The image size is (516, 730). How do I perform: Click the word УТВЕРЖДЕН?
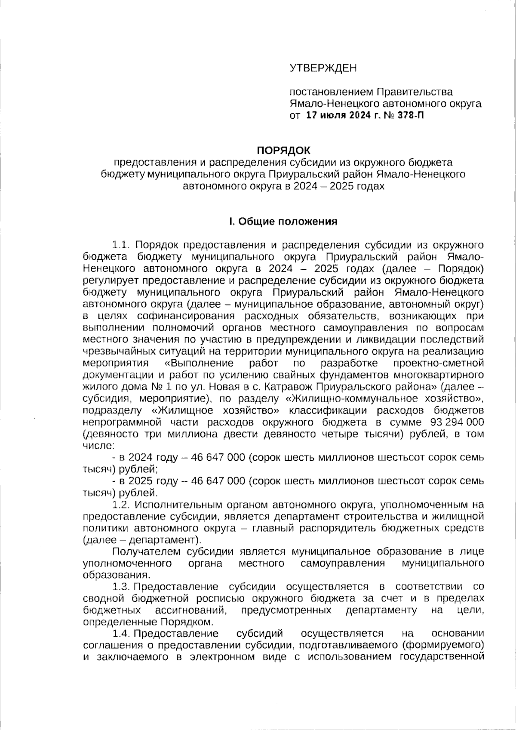tap(323, 68)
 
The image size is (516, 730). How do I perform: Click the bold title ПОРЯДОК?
tap(283, 150)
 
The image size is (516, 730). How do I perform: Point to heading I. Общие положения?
tap(283, 222)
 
